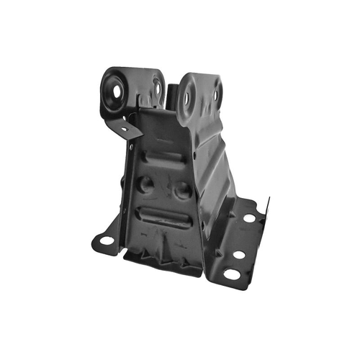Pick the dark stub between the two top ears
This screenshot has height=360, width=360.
coord(173,94)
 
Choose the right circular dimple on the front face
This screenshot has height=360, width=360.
coord(182,190)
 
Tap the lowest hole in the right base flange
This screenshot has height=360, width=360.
coord(230,274)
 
